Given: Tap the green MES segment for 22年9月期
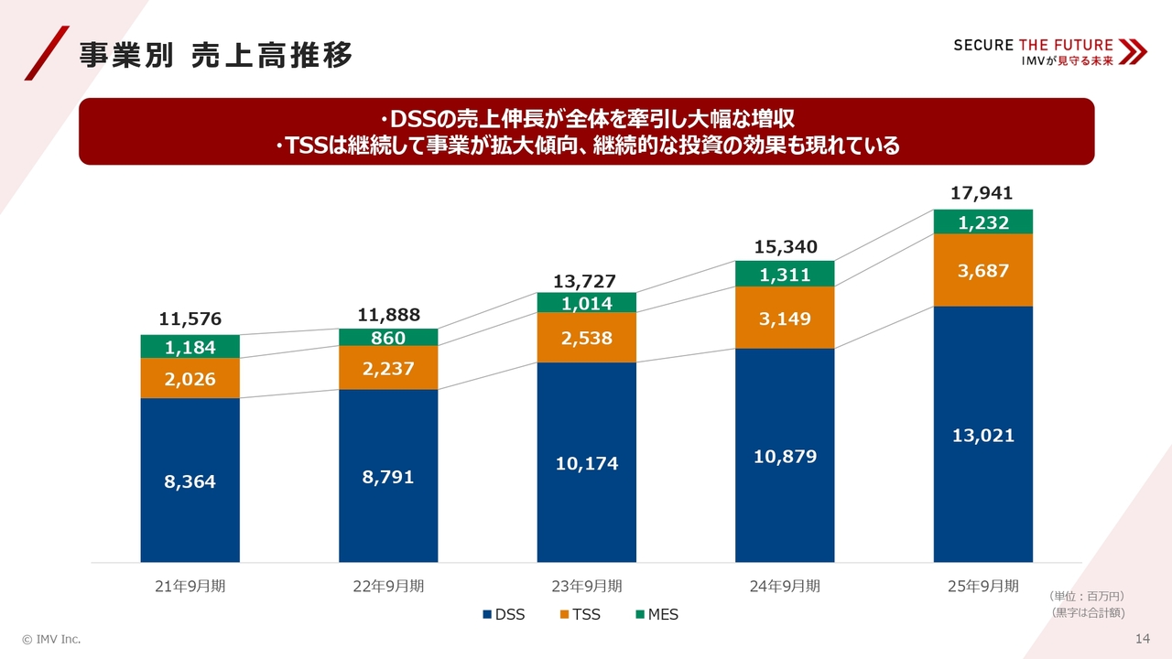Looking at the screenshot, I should coord(388,337).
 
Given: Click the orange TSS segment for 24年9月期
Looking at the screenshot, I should coord(785,318).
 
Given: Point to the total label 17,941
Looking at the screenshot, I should coord(982,192).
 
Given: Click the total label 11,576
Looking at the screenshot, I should coord(190,319).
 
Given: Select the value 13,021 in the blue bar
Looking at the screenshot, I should coord(982,436).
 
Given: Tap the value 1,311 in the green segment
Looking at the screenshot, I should coord(785,274).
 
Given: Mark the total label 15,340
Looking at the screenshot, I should coord(785,246).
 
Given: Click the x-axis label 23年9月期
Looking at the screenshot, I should coord(586,586).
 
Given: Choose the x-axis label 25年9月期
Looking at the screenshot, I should coord(982,586).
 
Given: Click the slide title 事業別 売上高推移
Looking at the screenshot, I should coord(215,55).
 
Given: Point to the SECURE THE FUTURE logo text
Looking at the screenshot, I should coord(1033,45).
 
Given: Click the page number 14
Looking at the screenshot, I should coord(1142,638).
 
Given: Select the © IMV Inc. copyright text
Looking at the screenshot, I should coord(51,638).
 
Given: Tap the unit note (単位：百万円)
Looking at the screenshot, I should coord(1088,596).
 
